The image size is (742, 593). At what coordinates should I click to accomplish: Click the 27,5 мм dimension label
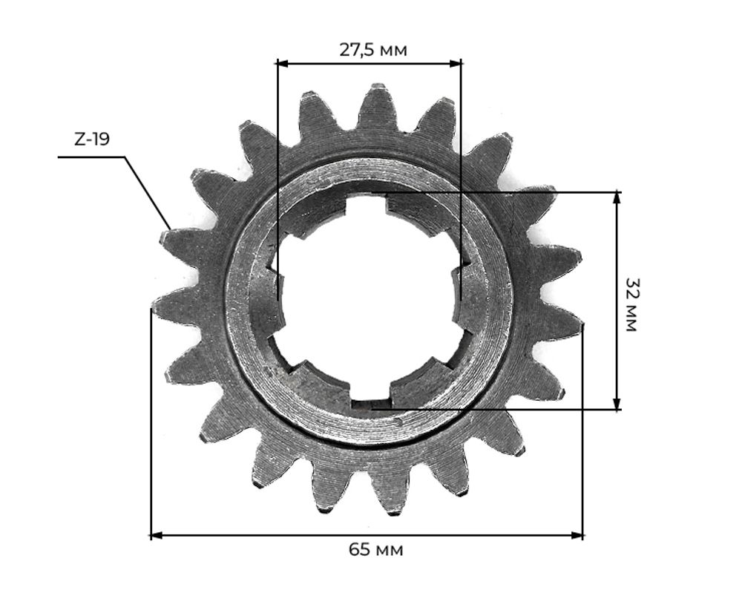click(x=373, y=49)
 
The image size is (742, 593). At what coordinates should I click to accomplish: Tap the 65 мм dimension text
click(x=376, y=550)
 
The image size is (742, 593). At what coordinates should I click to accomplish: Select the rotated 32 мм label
click(x=631, y=304)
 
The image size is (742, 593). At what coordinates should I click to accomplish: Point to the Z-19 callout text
click(x=92, y=139)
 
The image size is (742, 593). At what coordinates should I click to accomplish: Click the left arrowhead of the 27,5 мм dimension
click(x=283, y=63)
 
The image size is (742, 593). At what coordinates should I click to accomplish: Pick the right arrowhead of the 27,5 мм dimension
click(x=456, y=63)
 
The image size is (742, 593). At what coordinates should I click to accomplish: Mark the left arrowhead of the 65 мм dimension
click(x=157, y=535)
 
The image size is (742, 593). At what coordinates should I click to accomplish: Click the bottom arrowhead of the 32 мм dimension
click(x=616, y=404)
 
